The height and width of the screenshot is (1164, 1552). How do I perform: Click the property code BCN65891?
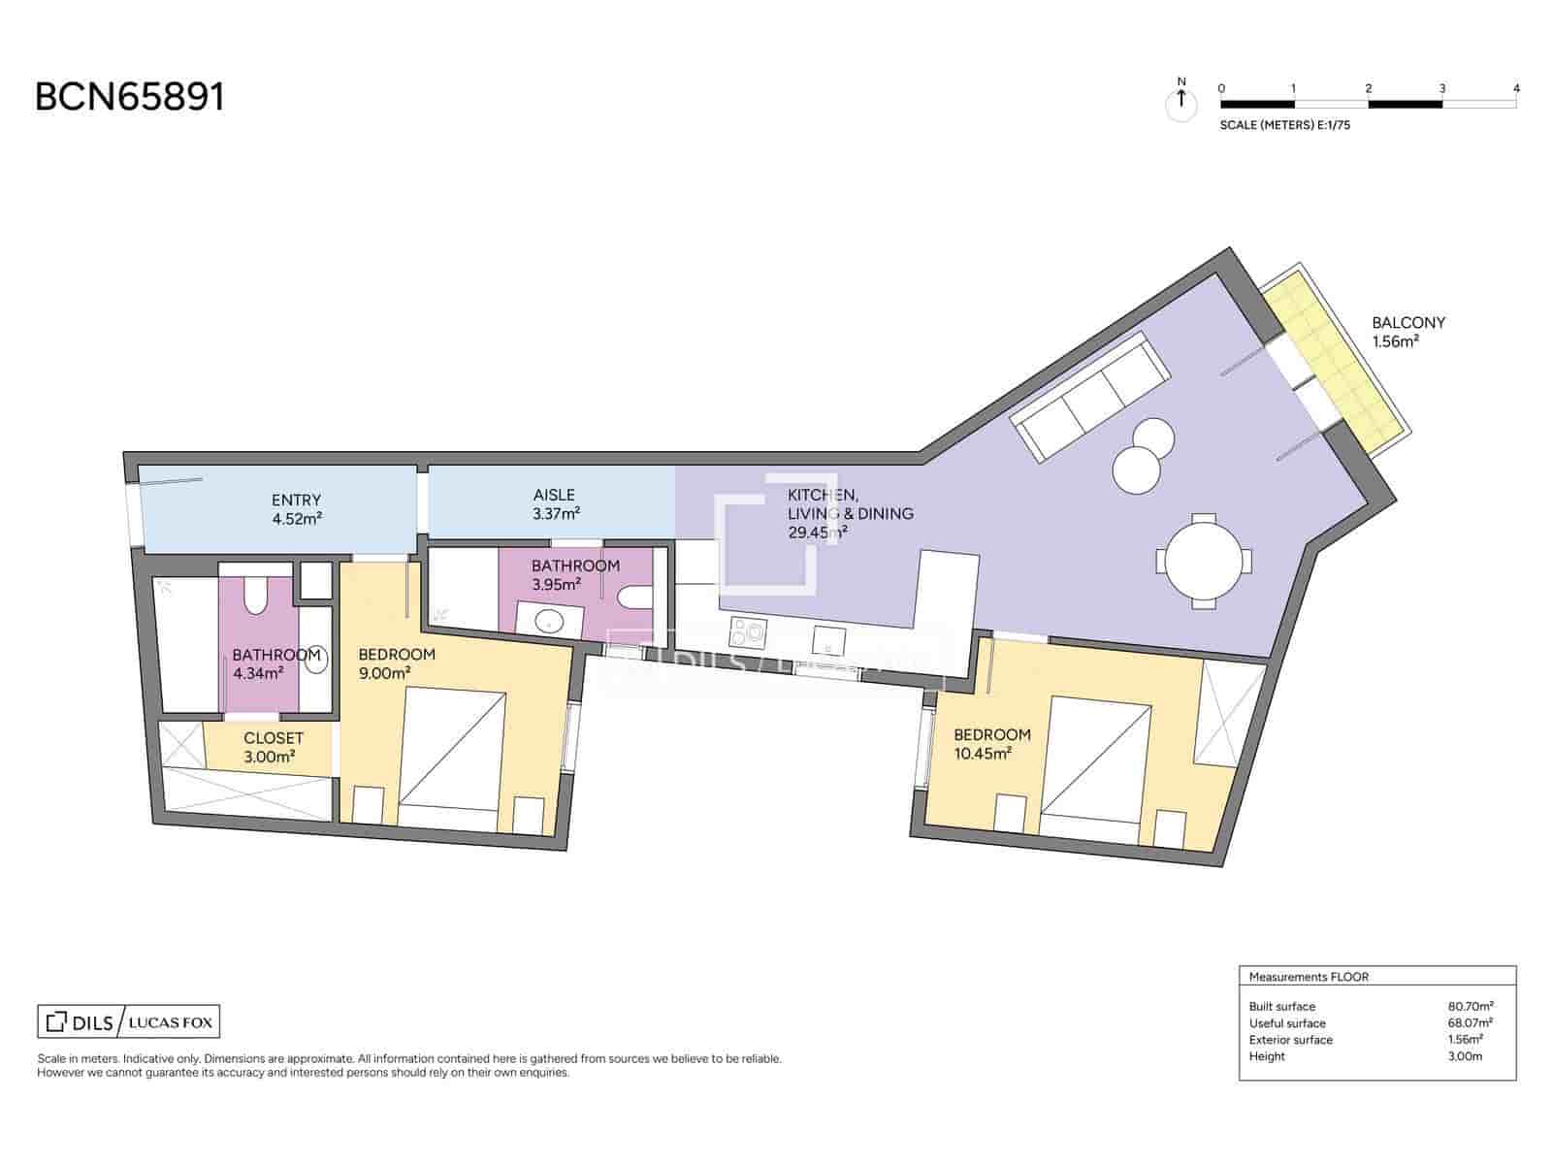coord(130,97)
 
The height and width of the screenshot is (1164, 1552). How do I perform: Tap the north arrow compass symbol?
coord(1180,99)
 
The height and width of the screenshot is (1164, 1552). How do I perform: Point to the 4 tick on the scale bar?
coord(1516,89)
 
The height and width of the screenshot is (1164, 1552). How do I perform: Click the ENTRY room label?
coord(296,501)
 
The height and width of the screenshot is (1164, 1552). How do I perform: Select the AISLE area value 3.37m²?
coord(556,514)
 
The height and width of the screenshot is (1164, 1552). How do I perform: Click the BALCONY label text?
coord(1407,323)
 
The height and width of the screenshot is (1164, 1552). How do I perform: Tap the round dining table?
coord(1203,561)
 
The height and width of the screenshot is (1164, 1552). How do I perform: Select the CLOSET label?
coord(274,738)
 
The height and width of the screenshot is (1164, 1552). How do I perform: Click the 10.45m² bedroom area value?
coord(984,753)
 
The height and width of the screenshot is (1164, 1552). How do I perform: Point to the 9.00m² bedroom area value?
coord(384,672)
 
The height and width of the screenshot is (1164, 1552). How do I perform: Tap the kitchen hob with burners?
coord(747,633)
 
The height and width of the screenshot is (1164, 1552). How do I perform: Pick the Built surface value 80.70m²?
coord(1470,1007)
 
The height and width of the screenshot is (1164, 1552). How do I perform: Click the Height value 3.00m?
coord(1465,1056)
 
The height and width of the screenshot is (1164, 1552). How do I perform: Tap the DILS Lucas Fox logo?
coord(129,1021)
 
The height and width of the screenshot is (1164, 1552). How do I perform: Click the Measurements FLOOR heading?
coord(1308,977)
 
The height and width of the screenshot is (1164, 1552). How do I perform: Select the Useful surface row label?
coord(1286,1023)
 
